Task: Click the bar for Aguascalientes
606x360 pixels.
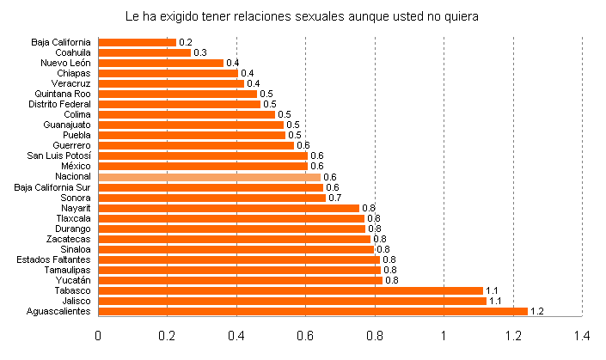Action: (313, 311)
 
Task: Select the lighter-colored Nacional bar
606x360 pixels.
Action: (210, 177)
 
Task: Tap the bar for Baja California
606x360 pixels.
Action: (138, 42)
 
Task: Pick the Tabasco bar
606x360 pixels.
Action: (291, 290)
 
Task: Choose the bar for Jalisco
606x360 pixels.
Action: (292, 301)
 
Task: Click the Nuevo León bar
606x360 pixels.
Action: (161, 63)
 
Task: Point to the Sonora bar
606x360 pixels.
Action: (212, 198)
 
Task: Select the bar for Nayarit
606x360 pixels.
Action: (229, 208)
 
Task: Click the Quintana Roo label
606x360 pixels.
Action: (63, 94)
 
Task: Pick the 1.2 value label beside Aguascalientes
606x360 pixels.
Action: (537, 311)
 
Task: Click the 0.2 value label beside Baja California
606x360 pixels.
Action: (185, 42)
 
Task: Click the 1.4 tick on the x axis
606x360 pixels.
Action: (582, 335)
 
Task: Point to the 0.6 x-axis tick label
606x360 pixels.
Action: (306, 335)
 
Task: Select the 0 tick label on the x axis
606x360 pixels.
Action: (99, 335)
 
